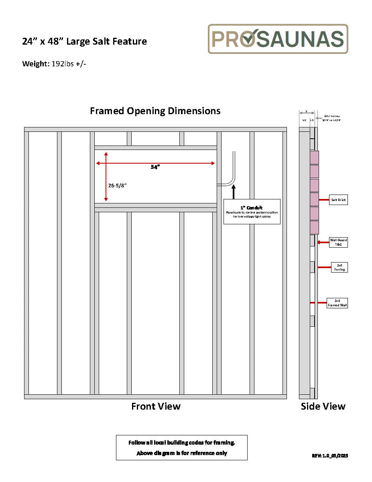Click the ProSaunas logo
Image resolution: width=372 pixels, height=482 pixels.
[278, 39]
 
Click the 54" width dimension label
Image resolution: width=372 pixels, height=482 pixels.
[155, 167]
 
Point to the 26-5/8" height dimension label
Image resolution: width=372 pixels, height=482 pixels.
[118, 185]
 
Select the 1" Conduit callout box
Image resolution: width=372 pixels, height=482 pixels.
[252, 211]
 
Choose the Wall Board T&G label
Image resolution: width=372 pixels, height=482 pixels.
[339, 242]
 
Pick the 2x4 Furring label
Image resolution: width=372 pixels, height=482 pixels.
[339, 267]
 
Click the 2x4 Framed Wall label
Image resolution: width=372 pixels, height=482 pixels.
[337, 303]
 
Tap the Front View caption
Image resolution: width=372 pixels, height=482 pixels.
[156, 406]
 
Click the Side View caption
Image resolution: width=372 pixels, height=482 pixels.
[323, 406]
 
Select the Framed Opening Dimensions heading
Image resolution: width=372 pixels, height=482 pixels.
[155, 111]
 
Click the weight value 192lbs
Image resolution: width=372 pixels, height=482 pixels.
[63, 64]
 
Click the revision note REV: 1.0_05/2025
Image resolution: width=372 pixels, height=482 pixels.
[330, 455]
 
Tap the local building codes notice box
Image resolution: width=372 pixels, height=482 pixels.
[182, 447]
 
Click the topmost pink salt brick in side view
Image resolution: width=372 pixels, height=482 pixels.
[314, 158]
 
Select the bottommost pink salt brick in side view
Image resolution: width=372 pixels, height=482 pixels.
[314, 228]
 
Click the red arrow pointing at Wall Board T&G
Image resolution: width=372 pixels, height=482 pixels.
[322, 242]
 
